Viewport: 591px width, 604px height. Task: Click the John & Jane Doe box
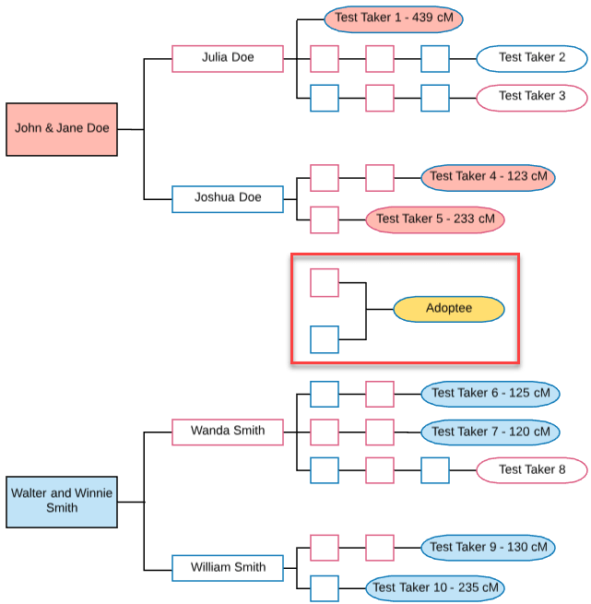(x=61, y=129)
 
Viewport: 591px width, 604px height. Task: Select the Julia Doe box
(x=227, y=58)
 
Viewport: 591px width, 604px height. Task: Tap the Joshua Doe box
(x=227, y=198)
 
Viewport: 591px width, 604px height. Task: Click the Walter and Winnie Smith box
(x=61, y=502)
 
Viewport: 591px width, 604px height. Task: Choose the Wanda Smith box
(x=227, y=432)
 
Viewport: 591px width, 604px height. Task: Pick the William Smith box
(x=227, y=567)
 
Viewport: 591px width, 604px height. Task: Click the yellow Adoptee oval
(x=448, y=309)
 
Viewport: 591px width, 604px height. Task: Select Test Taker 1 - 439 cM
(x=393, y=18)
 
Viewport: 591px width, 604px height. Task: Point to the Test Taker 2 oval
(x=531, y=58)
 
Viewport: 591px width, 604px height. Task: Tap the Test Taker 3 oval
(x=531, y=96)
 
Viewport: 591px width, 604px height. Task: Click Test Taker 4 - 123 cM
(x=488, y=176)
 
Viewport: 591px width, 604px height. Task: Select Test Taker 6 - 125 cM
(x=490, y=394)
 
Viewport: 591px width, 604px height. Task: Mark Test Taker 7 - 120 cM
(x=490, y=432)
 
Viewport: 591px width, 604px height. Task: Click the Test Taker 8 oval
(x=531, y=469)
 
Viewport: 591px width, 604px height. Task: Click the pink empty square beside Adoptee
(x=325, y=282)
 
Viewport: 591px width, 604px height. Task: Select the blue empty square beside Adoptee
(x=325, y=339)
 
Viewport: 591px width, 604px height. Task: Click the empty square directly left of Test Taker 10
(x=325, y=588)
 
